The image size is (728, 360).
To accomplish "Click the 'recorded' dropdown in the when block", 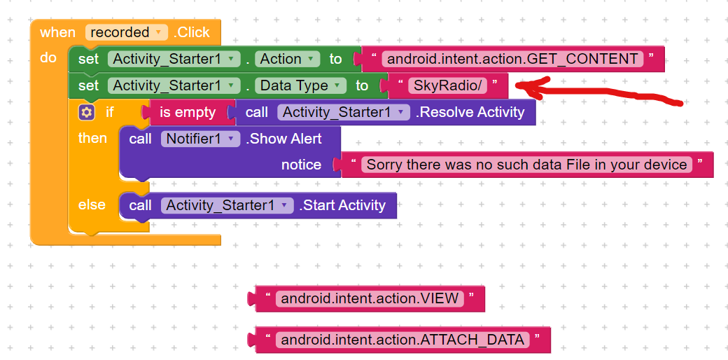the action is tap(126, 32).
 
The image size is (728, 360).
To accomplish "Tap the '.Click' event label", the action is tap(192, 32).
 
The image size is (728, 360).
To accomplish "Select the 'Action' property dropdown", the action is tap(288, 59).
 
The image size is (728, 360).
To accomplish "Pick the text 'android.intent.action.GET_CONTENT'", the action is tap(512, 59).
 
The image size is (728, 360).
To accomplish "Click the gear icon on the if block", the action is tap(87, 113).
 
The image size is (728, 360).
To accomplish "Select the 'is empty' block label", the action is tap(188, 113).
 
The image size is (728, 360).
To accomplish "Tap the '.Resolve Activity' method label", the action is tap(470, 113).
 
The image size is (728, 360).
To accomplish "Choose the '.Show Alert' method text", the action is tap(283, 139).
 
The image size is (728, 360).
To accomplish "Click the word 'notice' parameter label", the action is tap(301, 165).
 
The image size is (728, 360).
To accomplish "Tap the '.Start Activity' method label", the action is tap(342, 205).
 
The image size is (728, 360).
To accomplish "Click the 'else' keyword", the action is tap(92, 205).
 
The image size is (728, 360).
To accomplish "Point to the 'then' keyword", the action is tap(92, 138).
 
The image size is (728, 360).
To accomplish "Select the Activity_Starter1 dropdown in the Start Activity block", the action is tap(227, 205).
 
